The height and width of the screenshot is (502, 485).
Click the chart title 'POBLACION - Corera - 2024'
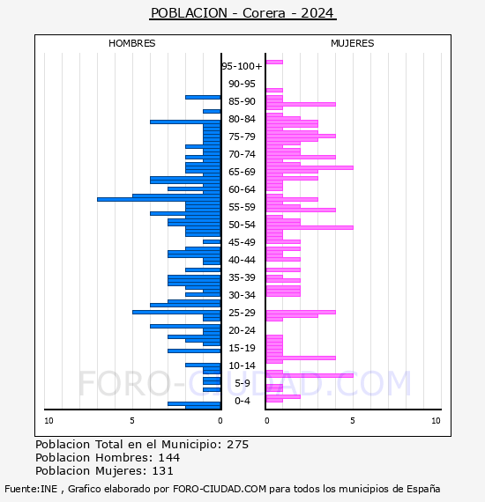coord(242,13)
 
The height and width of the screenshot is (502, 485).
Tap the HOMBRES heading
coord(131,43)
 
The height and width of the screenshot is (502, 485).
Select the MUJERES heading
coord(353,43)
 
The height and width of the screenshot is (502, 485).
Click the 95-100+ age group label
coord(242,66)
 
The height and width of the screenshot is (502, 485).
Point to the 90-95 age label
coord(242,84)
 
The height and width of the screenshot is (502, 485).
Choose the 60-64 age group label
coord(242,189)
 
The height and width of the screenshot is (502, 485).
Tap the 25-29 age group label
coord(242,313)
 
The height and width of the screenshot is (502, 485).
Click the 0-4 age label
coord(242,401)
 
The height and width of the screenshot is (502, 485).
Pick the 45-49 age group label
coord(242,242)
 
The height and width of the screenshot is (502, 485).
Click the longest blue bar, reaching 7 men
coord(159,199)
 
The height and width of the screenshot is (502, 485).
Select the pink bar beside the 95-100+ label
coord(274,63)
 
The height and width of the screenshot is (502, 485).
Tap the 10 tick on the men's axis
coord(48,421)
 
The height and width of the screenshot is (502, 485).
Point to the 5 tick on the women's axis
coord(353,421)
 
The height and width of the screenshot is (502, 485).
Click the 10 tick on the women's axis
coord(436,421)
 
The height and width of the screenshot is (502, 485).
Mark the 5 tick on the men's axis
coord(132,421)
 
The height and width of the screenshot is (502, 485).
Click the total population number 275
coord(237,445)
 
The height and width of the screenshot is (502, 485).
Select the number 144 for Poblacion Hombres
coord(169,457)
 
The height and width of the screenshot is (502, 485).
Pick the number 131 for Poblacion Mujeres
coord(162,471)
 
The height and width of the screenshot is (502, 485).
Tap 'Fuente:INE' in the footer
coord(31,489)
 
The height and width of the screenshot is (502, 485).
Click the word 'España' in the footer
coord(423,489)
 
